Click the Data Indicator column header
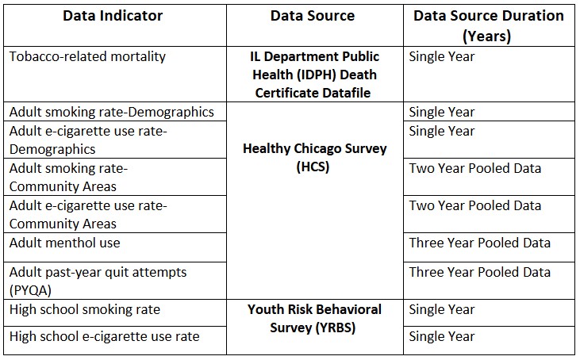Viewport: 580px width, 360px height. point(113,16)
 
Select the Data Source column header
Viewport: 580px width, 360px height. point(313,16)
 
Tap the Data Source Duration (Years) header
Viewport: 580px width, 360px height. point(489,26)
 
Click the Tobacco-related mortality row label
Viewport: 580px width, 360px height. point(87,56)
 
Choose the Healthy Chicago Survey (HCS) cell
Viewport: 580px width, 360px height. point(315,158)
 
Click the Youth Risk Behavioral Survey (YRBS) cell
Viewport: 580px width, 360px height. point(314,318)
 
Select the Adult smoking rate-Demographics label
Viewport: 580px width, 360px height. point(112,112)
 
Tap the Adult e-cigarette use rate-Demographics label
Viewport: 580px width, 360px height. point(88,140)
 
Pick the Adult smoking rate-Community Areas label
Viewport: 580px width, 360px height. point(68,178)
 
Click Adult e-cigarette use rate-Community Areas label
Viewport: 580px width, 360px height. point(88,215)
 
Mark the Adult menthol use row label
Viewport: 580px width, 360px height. point(65,243)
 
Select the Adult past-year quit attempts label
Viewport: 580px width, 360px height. point(98,281)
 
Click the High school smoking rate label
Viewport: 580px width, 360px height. point(85,309)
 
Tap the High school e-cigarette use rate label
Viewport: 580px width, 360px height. point(104,336)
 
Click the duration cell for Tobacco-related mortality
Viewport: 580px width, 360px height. point(442,56)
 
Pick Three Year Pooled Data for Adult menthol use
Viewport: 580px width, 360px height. point(480,243)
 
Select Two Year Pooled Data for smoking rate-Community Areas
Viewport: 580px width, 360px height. point(475,168)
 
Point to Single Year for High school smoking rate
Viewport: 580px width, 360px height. point(442,309)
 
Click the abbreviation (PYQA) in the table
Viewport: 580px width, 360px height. point(30,290)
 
